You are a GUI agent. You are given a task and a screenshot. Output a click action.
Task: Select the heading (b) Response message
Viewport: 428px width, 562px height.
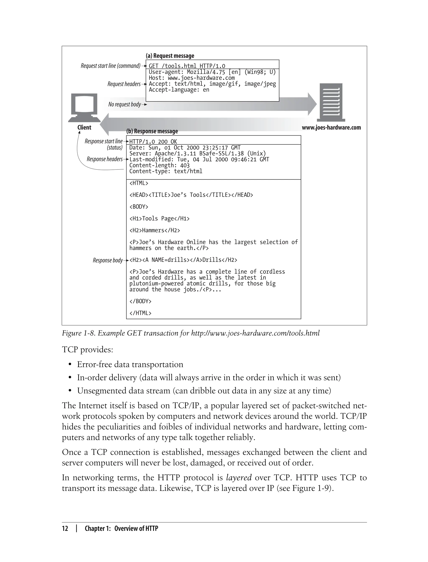tap(152, 131)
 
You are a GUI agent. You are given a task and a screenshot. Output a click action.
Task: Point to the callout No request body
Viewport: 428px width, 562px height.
tap(125, 104)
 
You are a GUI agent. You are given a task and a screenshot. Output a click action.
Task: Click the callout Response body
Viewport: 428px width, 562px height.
tap(107, 260)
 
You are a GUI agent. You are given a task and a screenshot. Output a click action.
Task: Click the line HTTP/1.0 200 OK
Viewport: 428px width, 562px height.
tap(153, 142)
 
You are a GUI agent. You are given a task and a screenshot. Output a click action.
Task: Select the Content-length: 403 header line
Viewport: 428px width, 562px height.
tap(159, 165)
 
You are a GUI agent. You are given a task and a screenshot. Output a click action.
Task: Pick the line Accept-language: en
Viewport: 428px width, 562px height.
tap(179, 90)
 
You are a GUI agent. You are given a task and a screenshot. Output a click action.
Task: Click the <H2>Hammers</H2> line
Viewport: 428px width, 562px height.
tap(154, 230)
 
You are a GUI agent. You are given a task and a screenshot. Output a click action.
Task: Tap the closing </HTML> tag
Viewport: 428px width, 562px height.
tap(140, 313)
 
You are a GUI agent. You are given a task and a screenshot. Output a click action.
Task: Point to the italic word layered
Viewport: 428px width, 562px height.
tap(239, 477)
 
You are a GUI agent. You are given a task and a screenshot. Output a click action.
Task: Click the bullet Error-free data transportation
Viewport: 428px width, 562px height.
tap(130, 364)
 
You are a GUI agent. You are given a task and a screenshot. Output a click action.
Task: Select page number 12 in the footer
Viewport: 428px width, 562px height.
tap(65, 528)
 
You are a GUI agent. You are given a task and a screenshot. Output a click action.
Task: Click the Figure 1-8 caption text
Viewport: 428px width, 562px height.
tap(190, 333)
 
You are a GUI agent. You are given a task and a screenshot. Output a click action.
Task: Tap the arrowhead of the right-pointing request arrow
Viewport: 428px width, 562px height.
tap(313, 104)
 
